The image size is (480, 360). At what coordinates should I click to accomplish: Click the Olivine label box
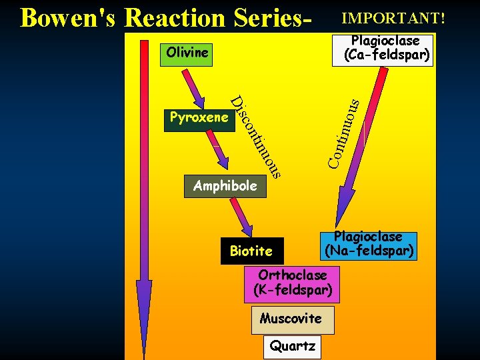[x=187, y=53]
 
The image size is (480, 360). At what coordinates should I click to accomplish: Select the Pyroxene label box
[x=199, y=118]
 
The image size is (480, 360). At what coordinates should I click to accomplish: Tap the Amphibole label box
[x=225, y=186]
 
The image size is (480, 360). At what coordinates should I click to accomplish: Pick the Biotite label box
[x=251, y=251]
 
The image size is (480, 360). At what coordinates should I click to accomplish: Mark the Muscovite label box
[x=291, y=319]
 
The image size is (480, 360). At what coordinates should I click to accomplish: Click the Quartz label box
[x=292, y=346]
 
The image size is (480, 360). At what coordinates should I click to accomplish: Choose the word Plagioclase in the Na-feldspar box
[x=369, y=237]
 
